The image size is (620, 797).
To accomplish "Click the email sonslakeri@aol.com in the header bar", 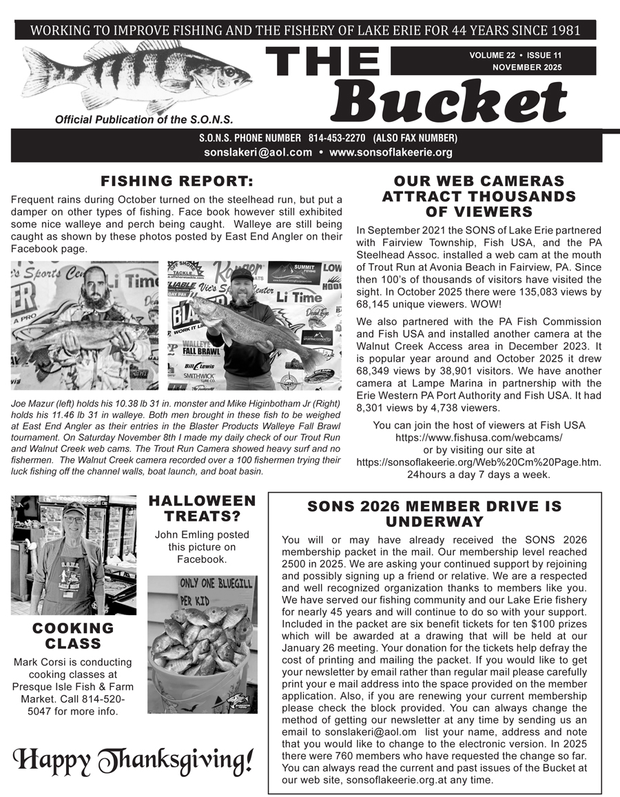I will click(x=258, y=152).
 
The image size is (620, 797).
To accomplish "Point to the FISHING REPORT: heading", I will click(x=176, y=182).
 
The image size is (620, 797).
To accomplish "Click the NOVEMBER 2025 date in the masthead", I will click(x=527, y=67).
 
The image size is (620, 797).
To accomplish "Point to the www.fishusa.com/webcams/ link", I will click(x=479, y=437).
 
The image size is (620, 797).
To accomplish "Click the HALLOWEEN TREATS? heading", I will click(x=202, y=508).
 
